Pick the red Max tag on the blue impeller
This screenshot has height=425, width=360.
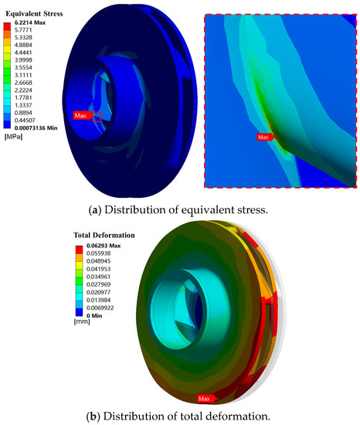(x=83, y=115)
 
